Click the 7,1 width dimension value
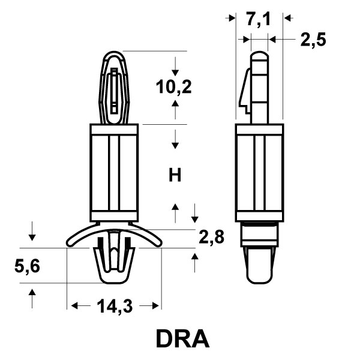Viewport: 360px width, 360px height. click(258, 20)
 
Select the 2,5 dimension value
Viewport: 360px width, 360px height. click(313, 40)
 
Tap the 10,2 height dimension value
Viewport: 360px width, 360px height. click(173, 87)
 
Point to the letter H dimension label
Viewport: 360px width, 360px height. click(175, 175)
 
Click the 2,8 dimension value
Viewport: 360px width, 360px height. click(211, 237)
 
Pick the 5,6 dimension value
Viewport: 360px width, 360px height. click(27, 266)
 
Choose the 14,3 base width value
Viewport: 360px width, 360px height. click(115, 306)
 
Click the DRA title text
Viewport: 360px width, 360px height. click(183, 338)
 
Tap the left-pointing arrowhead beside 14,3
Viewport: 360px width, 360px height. click(74, 306)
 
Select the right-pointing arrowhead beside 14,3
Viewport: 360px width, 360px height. click(155, 306)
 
